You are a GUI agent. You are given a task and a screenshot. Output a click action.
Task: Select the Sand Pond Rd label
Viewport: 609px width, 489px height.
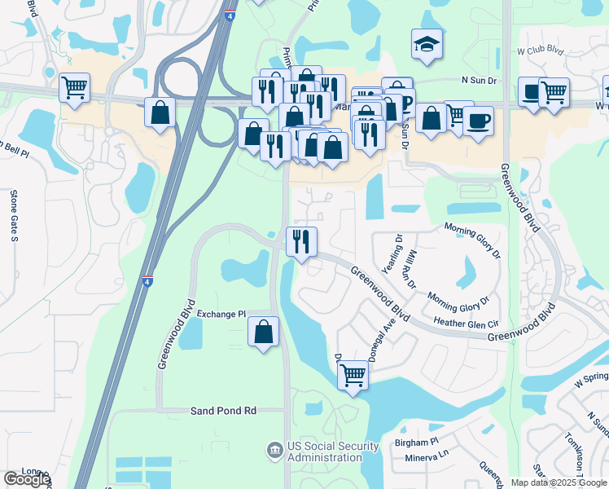[x=224, y=411]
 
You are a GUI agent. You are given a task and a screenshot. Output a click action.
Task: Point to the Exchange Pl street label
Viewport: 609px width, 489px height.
[x=221, y=314]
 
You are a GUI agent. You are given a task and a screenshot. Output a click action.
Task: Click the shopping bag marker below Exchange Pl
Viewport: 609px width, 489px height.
[x=263, y=333]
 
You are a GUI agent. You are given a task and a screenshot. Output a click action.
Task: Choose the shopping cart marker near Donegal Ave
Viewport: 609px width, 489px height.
[x=353, y=377]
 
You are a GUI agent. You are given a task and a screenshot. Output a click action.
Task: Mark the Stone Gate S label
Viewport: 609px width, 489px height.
[x=14, y=217]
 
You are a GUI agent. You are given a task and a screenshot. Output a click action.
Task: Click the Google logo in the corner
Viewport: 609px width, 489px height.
[x=27, y=479]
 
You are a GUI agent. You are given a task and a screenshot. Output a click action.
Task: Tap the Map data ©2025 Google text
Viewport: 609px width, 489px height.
[x=558, y=482]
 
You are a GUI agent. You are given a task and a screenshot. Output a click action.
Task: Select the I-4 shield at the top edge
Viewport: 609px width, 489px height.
[x=231, y=15]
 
